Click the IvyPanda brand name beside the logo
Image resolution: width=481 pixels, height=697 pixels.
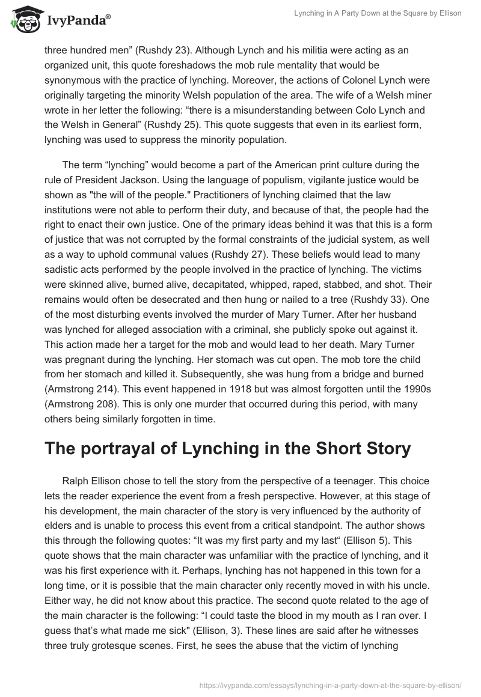[x=76, y=22]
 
